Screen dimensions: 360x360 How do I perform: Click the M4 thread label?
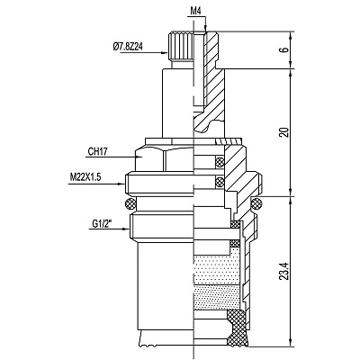pyautogui.click(x=195, y=12)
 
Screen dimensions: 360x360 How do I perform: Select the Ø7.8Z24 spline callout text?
pyautogui.click(x=128, y=47)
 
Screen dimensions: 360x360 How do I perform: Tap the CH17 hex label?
pyautogui.click(x=97, y=151)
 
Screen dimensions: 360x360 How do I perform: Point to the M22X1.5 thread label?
pyautogui.click(x=85, y=177)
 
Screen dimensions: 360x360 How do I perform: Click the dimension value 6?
pyautogui.click(x=285, y=49)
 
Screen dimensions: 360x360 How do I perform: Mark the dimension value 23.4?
pyautogui.click(x=284, y=271)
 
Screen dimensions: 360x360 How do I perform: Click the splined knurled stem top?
pyautogui.click(x=179, y=47)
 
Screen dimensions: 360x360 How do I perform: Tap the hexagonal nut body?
pyautogui.click(x=164, y=159)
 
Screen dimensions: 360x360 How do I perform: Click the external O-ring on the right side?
pyautogui.click(x=256, y=203)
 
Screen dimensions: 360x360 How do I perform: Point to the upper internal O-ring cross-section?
pyautogui.click(x=220, y=162)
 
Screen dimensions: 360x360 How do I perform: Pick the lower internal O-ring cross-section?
pyautogui.click(x=220, y=181)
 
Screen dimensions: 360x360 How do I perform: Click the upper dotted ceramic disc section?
pyautogui.click(x=217, y=269)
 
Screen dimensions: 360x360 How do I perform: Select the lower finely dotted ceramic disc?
pyautogui.click(x=217, y=296)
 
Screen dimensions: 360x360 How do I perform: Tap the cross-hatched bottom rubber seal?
pyautogui.click(x=237, y=328)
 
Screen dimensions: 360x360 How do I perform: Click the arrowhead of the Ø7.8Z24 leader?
pyautogui.click(x=165, y=53)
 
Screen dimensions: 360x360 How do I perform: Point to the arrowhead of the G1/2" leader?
pyautogui.click(x=126, y=229)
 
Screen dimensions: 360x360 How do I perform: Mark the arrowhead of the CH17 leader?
pyautogui.click(x=139, y=157)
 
